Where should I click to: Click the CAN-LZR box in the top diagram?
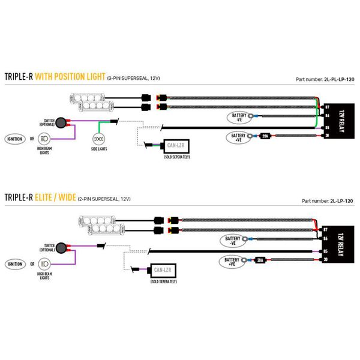[x=176, y=146]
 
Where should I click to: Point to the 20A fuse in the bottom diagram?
[x=260, y=260]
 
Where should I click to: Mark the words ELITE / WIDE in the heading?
[x=64, y=197]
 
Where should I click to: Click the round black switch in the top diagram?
[x=62, y=122]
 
